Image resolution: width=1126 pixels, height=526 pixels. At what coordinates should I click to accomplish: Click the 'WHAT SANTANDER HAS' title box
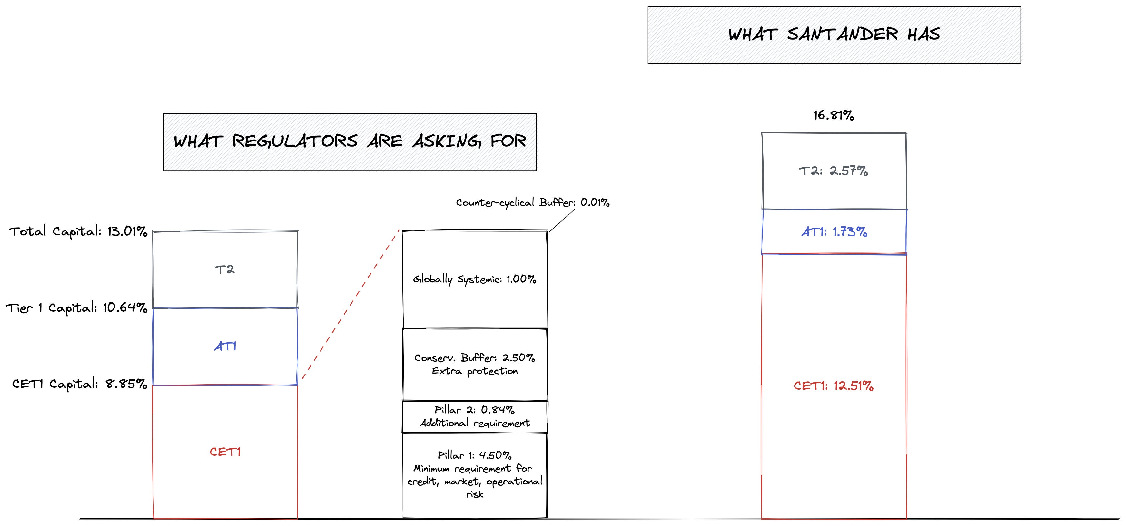pos(834,35)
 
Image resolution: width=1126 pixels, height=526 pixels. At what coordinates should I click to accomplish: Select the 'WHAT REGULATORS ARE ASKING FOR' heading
pos(350,141)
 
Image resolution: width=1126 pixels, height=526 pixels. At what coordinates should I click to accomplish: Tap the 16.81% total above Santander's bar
pos(834,115)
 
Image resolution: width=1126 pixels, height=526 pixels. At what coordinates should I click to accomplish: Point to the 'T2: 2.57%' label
pos(834,171)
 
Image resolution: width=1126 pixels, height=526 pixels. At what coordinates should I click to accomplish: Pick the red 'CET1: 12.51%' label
pos(834,386)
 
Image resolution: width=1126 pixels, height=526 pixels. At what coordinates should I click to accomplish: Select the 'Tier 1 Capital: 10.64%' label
pos(76,308)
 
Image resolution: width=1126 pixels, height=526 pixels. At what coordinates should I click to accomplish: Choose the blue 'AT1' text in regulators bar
pos(225,346)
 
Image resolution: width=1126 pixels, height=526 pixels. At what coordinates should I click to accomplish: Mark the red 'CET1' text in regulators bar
pos(225,452)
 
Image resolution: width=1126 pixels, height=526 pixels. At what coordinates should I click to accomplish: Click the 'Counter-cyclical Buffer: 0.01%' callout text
pos(533,202)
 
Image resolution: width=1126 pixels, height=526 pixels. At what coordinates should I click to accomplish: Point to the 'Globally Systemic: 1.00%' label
pos(475,279)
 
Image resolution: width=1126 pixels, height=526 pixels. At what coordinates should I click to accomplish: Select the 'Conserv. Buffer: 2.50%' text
pos(475,358)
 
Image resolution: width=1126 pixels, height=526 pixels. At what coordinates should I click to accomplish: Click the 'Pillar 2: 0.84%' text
pos(475,410)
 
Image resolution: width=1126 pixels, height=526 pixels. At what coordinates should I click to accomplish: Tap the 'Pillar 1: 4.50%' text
pos(475,455)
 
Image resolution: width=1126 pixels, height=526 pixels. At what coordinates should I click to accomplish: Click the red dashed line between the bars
pos(351,305)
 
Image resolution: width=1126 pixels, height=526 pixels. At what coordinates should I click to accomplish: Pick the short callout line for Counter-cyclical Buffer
pos(562,221)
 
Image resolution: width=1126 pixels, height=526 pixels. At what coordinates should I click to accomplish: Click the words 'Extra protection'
pos(475,371)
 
